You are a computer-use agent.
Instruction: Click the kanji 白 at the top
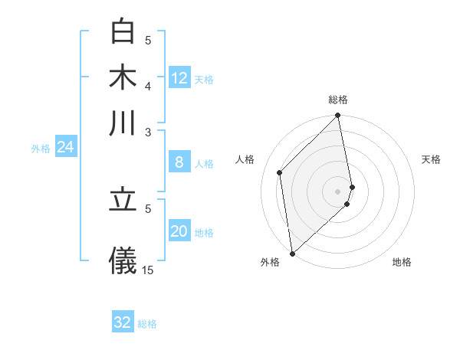123,32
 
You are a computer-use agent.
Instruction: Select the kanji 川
123,123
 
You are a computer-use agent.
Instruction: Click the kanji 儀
123,259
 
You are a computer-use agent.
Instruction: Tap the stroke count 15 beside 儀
148,270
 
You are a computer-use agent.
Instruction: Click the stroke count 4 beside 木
148,85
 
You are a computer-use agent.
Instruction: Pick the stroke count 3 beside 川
148,131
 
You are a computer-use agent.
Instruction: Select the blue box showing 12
179,77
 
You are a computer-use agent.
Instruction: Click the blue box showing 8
179,162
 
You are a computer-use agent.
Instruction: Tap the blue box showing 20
179,231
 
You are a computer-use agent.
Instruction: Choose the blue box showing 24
65,147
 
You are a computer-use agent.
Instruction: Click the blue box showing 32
123,322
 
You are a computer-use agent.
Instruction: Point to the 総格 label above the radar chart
338,100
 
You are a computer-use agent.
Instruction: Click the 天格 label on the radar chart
431,159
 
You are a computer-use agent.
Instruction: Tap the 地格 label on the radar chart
402,262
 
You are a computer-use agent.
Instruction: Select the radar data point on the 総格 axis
338,116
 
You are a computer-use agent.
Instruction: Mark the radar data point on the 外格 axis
292,254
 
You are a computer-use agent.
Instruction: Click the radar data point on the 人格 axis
280,172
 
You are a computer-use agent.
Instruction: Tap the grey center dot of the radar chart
338,191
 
